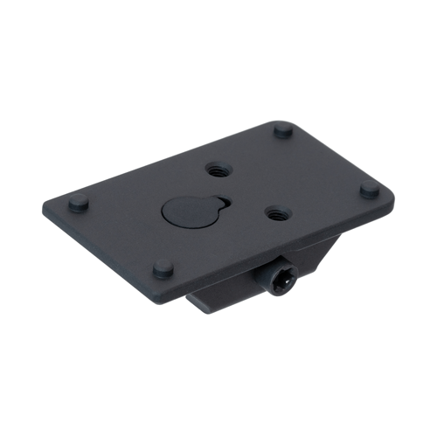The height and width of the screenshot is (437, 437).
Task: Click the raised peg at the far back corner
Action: [x=282, y=131]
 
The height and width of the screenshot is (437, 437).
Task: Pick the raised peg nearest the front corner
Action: [x=161, y=269]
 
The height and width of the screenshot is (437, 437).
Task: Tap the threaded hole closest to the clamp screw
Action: [x=275, y=212]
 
